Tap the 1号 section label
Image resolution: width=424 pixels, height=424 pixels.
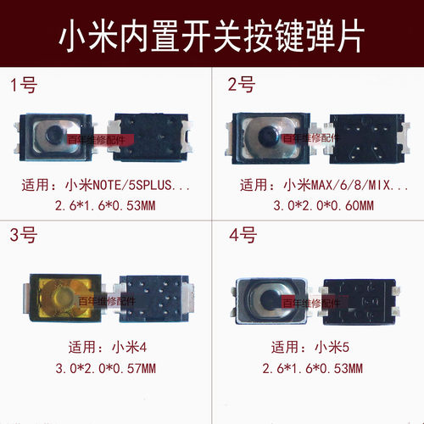25,85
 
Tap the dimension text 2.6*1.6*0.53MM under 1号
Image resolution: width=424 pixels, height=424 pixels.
105,204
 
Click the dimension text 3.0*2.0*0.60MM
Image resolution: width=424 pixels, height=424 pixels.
319,204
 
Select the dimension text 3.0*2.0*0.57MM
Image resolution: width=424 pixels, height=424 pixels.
105,368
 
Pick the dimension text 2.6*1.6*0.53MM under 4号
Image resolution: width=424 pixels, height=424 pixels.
319,368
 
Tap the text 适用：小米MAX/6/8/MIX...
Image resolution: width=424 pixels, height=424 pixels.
317,184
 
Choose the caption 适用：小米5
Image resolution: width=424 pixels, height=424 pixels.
319,348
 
